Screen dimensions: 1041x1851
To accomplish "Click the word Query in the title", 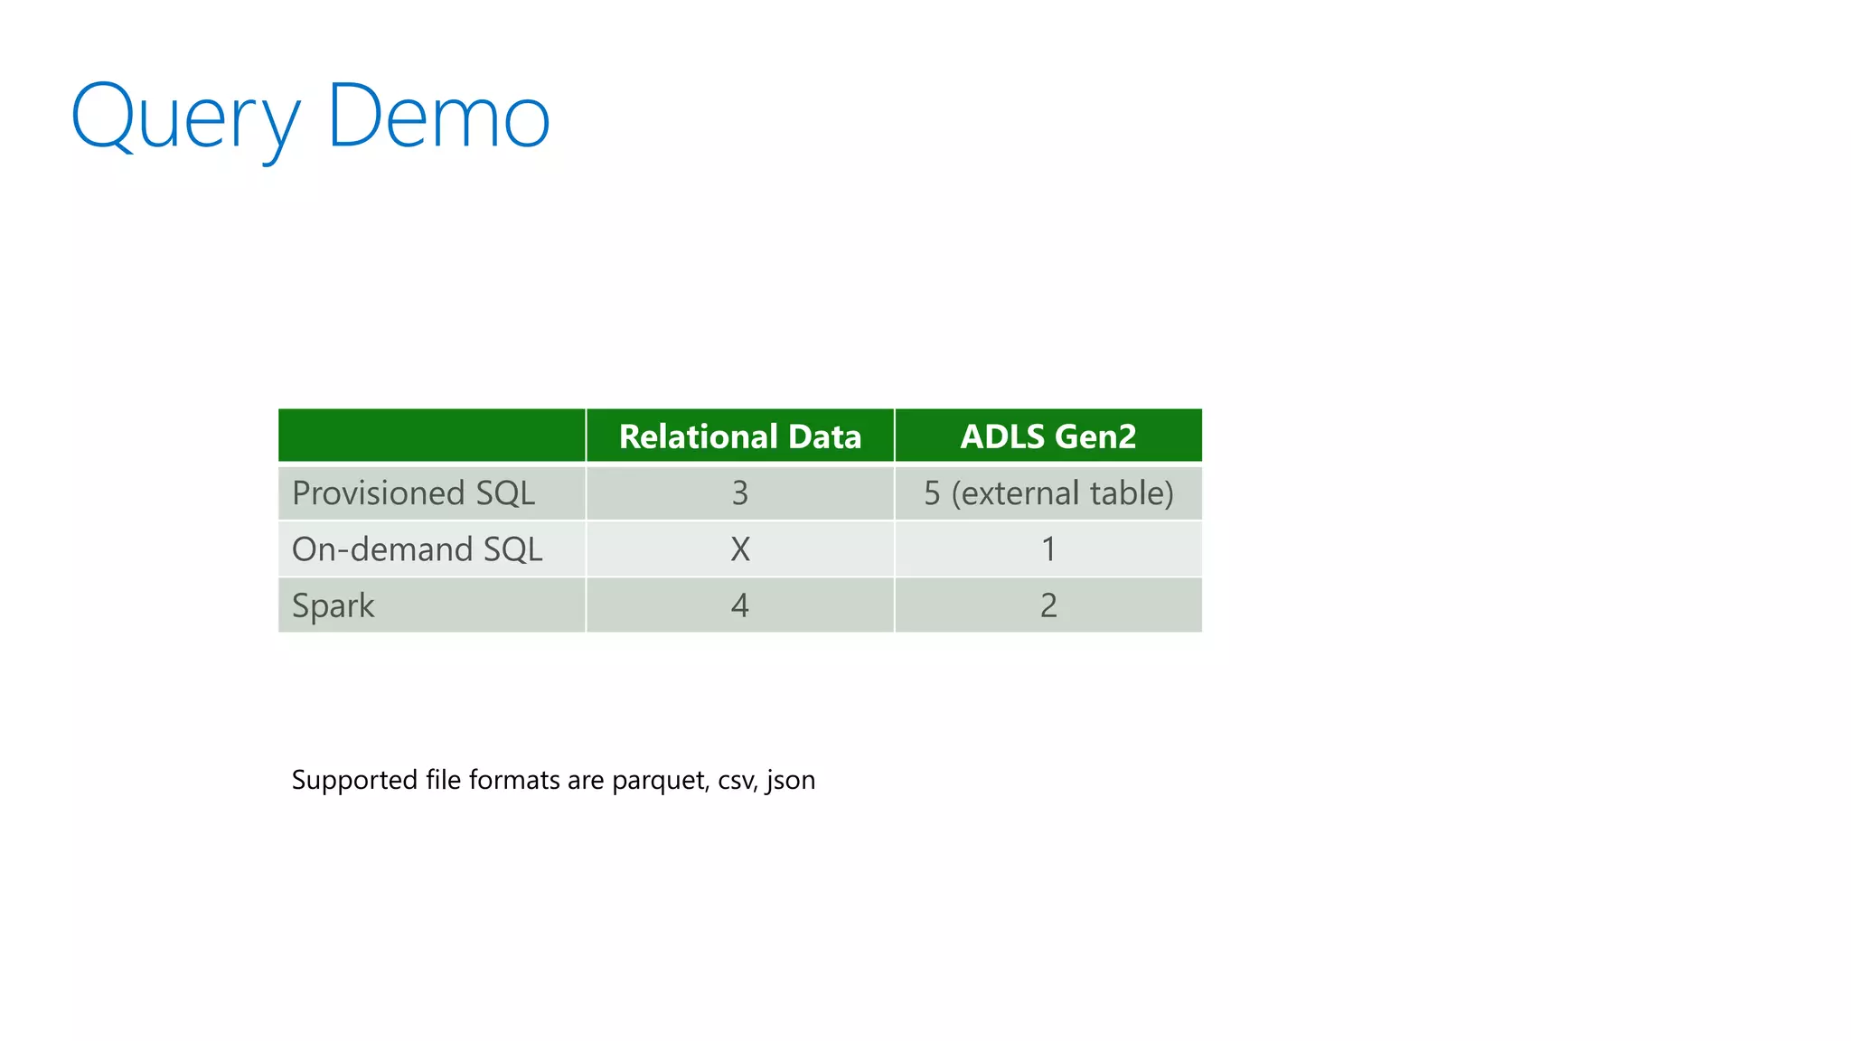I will coord(185,117).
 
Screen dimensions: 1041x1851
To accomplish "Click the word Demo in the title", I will coord(438,117).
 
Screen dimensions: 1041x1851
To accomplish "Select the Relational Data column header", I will coord(740,436).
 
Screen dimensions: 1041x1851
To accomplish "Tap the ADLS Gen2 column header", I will coord(1048,436).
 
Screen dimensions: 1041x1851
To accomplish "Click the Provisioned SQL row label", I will coord(413,493).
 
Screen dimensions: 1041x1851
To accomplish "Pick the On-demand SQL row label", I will coord(417,549).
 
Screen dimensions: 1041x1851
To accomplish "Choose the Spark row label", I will coord(333,605).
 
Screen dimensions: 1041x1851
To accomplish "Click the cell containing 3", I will coord(740,493).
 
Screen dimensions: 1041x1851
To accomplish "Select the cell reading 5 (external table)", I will coord(1048,493).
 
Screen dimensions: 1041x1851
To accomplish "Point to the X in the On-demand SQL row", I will coord(740,549).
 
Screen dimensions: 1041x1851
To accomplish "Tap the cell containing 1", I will coord(1048,549).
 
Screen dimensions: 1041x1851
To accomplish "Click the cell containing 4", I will coord(740,605).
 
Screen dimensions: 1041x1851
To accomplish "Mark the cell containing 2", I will coord(1048,605).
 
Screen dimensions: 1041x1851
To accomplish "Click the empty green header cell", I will coord(432,436).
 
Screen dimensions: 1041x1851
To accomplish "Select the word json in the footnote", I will coord(791,781).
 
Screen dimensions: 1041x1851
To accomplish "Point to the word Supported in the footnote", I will coord(354,781).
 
